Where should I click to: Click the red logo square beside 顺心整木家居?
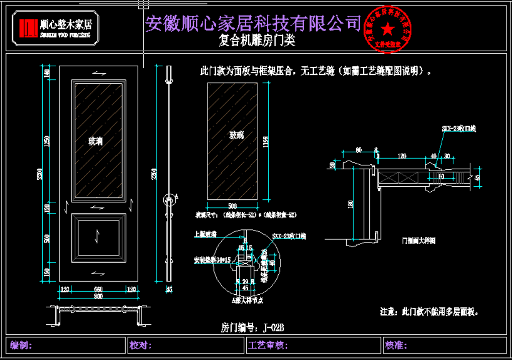tap(28, 28)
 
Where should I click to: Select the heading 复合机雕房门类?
tap(257, 41)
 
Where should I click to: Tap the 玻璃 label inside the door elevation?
tap(95, 141)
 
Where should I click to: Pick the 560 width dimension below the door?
tap(98, 290)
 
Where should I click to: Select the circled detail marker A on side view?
tap(169, 200)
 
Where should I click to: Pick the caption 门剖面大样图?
tap(419, 241)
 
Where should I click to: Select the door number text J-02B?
tap(274, 328)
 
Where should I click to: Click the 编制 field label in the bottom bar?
tap(22, 345)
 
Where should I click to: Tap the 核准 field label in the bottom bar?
tap(396, 345)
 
